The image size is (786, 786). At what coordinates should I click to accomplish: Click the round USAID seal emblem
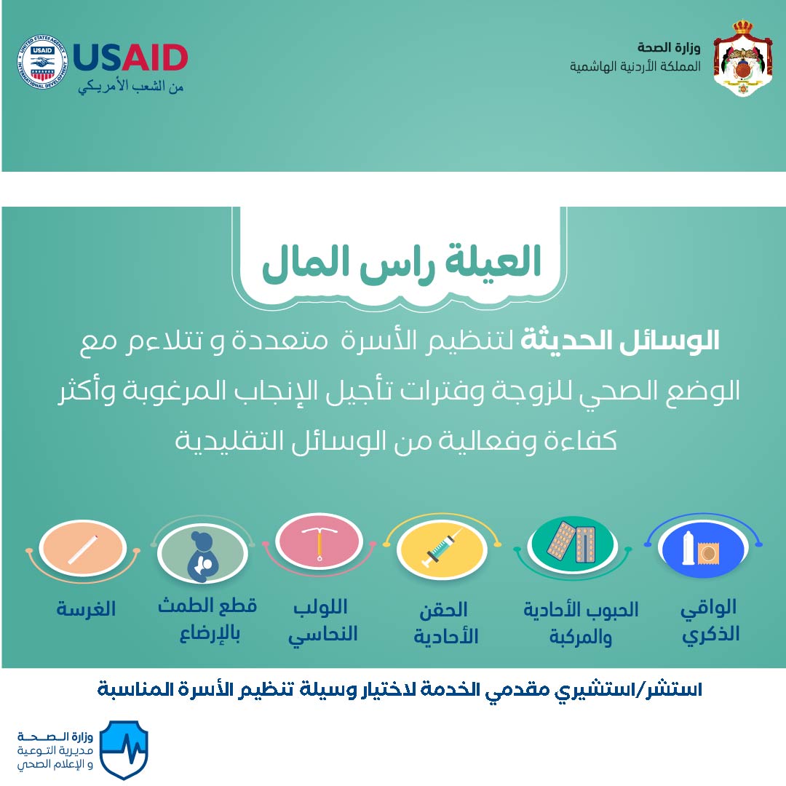43,62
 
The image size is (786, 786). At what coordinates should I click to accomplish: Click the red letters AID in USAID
156,57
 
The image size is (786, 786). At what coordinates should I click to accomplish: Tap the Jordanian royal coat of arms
742,58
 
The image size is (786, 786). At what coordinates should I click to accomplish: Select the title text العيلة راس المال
401,263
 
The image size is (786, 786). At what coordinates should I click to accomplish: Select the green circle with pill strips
573,545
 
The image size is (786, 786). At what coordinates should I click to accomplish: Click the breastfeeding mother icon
202,557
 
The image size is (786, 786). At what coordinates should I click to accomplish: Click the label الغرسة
86,609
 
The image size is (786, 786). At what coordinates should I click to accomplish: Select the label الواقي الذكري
710,621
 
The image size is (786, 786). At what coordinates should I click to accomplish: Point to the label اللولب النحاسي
322,621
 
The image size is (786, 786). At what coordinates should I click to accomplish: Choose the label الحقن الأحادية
445,623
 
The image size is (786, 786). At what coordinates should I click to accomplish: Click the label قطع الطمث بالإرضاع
207,620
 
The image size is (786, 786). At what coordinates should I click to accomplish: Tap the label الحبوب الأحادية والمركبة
581,623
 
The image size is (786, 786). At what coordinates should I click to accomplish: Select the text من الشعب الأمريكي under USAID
131,87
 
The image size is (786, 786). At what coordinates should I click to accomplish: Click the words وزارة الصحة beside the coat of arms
669,47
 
